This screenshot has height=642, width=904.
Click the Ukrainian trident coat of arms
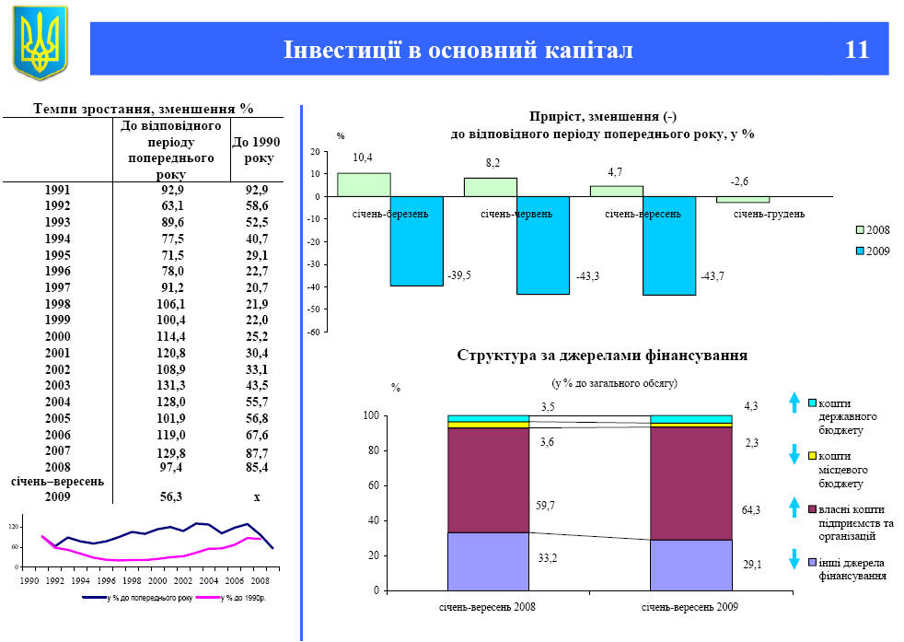41,42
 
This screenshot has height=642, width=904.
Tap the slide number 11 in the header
856,50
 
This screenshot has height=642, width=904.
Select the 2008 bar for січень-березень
364,185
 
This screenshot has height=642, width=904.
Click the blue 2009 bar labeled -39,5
416,241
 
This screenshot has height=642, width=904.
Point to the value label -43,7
711,276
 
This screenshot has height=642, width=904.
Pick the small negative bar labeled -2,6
743,200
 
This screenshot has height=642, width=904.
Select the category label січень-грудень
769,214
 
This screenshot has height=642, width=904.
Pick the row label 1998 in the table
57,304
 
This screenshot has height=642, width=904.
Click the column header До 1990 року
256,150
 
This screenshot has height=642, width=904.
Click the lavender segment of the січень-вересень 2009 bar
690,565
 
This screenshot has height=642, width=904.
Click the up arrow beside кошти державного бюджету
794,403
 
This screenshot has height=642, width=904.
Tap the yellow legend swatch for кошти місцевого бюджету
811,455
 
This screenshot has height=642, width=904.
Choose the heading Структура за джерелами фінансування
602,355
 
